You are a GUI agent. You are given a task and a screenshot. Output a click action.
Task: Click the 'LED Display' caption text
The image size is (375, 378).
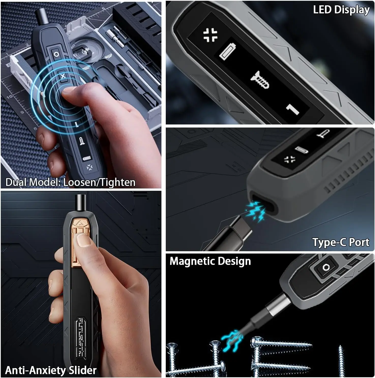(x=341, y=10)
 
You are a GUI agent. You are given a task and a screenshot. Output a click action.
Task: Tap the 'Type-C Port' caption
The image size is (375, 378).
(x=340, y=242)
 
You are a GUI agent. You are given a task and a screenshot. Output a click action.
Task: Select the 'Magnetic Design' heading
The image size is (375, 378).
(x=210, y=261)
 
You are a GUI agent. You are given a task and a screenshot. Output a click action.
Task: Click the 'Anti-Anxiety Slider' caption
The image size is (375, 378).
(x=51, y=370)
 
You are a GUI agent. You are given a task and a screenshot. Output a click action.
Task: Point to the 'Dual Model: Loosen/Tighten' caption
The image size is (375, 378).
(x=70, y=182)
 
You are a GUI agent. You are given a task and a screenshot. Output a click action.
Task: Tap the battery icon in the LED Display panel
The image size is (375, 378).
(x=228, y=52)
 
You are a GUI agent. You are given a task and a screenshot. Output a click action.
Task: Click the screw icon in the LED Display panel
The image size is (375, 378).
(x=260, y=79)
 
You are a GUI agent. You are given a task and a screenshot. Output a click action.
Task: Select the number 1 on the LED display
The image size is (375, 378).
(x=293, y=109)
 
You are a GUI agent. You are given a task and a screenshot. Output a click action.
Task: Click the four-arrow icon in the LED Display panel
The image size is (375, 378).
(x=211, y=35)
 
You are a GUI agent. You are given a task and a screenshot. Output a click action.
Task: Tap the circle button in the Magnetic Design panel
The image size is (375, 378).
(x=326, y=267)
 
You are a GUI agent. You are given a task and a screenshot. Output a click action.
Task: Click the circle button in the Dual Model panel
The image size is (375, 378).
(x=56, y=54)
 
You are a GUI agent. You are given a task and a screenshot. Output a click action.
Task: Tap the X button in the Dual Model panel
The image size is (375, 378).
(x=63, y=76)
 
